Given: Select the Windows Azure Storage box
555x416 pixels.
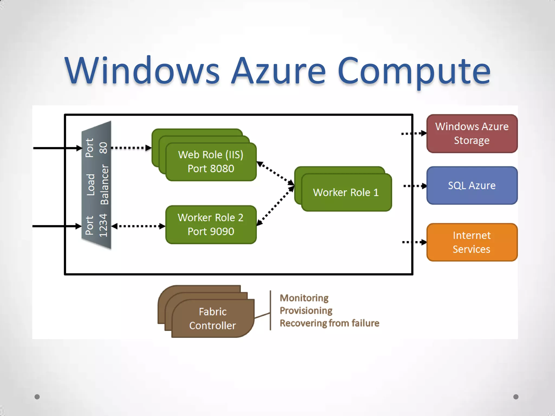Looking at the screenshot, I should [x=472, y=134].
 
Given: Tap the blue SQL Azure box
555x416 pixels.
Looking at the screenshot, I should [x=472, y=186].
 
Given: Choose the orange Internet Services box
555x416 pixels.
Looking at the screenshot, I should [x=472, y=242].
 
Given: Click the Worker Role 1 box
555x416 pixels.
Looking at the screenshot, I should [x=346, y=192].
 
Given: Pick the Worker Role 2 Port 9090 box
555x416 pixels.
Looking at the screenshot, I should [x=211, y=225].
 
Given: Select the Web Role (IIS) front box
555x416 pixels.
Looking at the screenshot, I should [x=211, y=162].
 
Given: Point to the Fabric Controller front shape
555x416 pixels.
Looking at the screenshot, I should [x=213, y=318].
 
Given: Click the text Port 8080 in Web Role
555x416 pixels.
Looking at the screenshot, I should [x=211, y=169].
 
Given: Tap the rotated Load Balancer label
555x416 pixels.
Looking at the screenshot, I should [x=97, y=185].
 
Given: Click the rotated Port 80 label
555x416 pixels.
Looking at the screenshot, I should [x=96, y=148].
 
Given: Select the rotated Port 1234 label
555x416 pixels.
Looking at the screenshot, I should [x=96, y=225].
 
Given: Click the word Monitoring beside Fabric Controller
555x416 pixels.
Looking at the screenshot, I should [x=304, y=298].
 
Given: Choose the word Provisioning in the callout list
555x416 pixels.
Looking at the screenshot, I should [x=306, y=310].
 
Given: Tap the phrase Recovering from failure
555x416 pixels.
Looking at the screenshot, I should [x=329, y=323].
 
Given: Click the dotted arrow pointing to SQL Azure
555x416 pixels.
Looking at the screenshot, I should [x=415, y=186].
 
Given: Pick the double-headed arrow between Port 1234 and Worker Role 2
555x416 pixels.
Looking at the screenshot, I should [x=138, y=226].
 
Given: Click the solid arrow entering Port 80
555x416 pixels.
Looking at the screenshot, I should [x=57, y=148].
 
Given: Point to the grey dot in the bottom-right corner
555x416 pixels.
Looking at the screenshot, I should [x=516, y=397].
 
